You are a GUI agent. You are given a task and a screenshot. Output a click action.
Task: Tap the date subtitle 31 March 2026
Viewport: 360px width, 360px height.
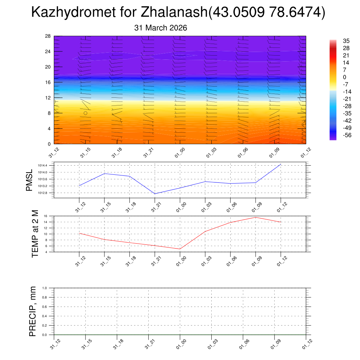click(161, 28)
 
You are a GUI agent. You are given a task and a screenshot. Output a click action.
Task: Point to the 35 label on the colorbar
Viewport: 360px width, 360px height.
click(346, 41)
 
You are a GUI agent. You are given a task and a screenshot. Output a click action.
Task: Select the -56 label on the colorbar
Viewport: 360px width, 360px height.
click(346, 135)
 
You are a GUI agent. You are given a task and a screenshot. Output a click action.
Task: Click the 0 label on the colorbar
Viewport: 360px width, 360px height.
click(345, 77)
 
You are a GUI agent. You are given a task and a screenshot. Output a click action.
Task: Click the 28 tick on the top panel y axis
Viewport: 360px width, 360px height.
click(48, 36)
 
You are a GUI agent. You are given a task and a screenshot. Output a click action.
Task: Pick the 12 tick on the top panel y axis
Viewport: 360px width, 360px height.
click(48, 98)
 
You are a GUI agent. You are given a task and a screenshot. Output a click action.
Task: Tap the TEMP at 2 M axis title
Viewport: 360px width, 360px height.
click(35, 233)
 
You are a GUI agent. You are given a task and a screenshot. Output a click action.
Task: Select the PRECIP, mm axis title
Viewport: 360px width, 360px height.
click(33, 311)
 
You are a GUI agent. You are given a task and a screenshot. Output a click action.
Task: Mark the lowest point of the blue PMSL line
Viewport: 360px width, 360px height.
click(155, 194)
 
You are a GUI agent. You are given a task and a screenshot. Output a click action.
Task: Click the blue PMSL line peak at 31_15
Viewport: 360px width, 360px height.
click(105, 173)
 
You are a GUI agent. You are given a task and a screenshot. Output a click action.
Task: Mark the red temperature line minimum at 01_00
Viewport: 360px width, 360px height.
click(180, 249)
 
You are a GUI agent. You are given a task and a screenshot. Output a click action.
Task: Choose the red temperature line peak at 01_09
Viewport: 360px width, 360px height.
click(256, 217)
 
